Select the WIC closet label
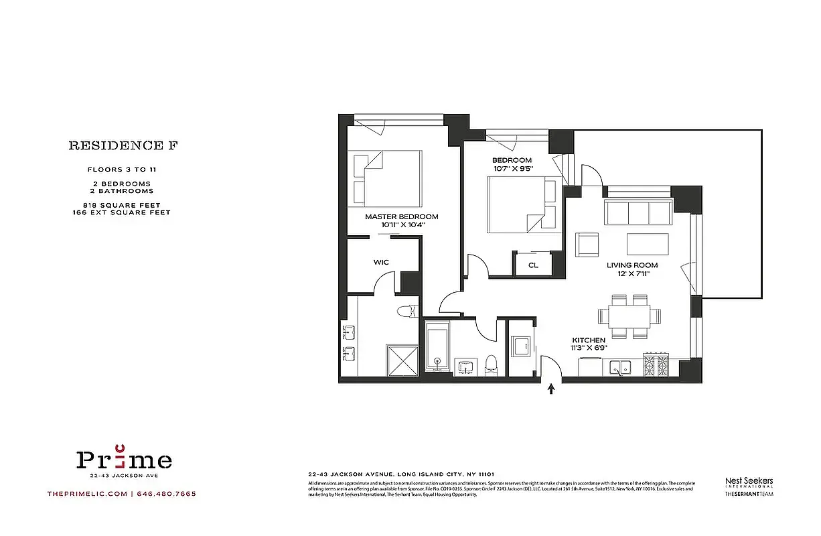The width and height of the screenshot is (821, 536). pyautogui.click(x=381, y=262)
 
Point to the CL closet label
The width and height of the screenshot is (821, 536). pyautogui.click(x=533, y=265)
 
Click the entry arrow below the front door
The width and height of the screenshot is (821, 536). pyautogui.click(x=552, y=389)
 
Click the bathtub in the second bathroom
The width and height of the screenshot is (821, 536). pyautogui.click(x=437, y=346)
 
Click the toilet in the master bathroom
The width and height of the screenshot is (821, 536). pyautogui.click(x=408, y=311)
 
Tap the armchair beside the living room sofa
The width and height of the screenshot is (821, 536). pyautogui.click(x=587, y=245)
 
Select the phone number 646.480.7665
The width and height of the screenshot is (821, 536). pyautogui.click(x=167, y=494)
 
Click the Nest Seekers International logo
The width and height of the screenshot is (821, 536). pyautogui.click(x=749, y=483)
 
